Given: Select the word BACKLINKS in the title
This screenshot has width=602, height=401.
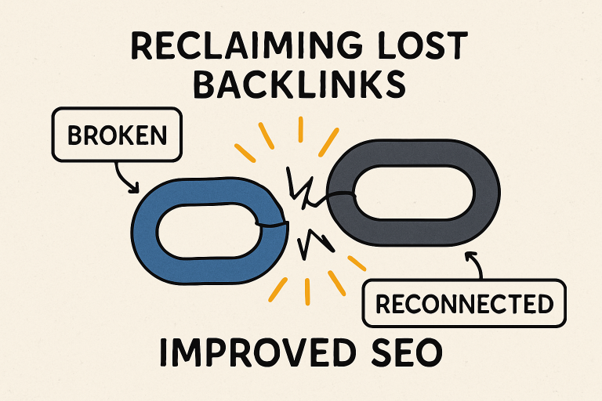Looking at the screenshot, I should pyautogui.click(x=300, y=85).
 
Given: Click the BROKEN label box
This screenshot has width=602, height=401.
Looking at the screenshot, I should pyautogui.click(x=118, y=135).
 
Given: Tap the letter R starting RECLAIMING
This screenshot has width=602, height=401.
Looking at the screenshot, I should pyautogui.click(x=143, y=47).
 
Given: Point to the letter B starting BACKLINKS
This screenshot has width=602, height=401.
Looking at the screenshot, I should pyautogui.click(x=205, y=85).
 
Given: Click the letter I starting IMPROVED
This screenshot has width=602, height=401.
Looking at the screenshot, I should pyautogui.click(x=163, y=353).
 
